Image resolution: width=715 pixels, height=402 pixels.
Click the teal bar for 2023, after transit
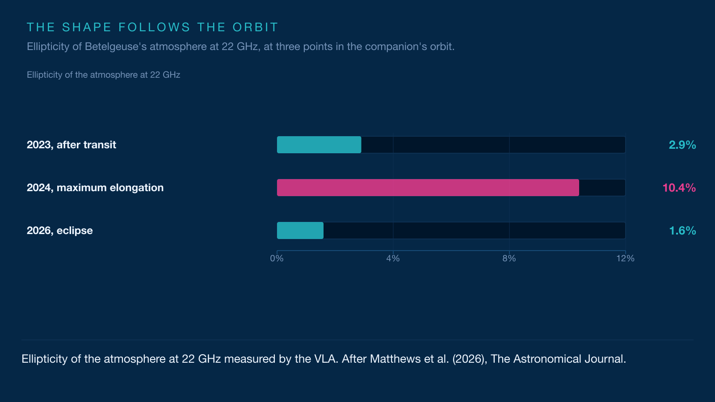(x=319, y=145)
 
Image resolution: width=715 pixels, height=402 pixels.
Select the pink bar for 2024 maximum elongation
(x=428, y=188)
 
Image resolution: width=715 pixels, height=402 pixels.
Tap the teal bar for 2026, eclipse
(x=300, y=230)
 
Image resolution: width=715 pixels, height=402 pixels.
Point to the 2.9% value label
(x=682, y=145)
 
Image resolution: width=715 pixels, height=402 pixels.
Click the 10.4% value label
(x=679, y=188)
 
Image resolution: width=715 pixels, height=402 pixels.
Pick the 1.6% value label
(x=682, y=230)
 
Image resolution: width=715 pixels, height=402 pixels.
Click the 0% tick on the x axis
(x=277, y=259)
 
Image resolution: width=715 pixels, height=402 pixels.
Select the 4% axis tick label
(x=393, y=259)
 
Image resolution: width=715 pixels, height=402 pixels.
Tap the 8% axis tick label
(x=509, y=259)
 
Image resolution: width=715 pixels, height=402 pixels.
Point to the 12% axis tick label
(x=625, y=259)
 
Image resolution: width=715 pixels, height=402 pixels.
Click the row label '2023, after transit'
(x=71, y=145)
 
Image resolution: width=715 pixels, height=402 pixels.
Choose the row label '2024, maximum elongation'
(x=95, y=188)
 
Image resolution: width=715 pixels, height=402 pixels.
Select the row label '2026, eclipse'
(x=60, y=230)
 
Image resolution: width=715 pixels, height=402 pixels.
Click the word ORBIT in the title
(x=255, y=27)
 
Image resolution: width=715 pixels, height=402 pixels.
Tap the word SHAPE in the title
(x=87, y=27)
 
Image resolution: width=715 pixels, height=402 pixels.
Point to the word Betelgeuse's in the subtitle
(x=116, y=46)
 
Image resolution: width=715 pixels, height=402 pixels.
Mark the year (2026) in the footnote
(x=470, y=359)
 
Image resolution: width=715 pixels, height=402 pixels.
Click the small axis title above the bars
(x=103, y=75)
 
